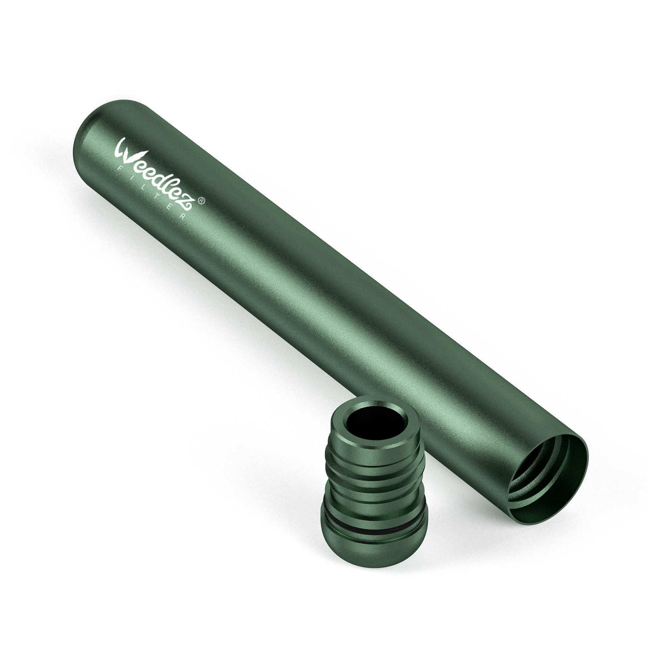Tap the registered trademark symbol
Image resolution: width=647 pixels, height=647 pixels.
[202, 201]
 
